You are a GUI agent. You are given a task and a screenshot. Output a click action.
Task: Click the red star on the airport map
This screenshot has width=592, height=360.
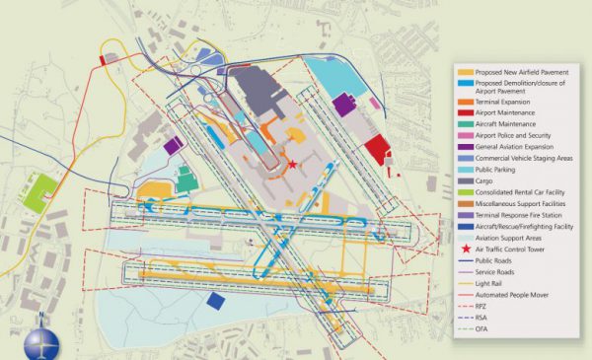coord(292,164)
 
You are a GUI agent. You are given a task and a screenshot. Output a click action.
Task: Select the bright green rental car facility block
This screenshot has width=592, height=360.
coord(40,192)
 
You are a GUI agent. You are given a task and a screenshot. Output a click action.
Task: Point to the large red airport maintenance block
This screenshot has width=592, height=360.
coord(376,151)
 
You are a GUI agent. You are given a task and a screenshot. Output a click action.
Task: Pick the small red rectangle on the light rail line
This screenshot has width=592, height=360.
coord(103,60)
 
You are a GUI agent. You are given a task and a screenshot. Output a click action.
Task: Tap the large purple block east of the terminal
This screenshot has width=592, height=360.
coord(343,104)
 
